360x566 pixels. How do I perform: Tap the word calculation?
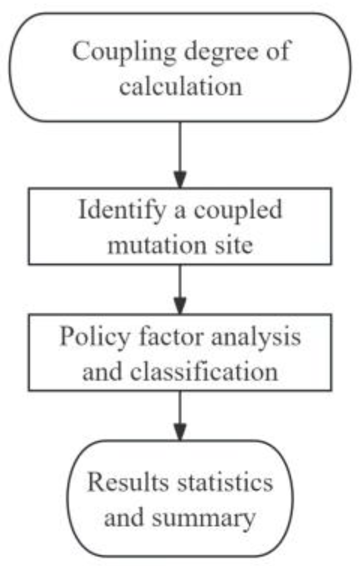pyautogui.click(x=181, y=86)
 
